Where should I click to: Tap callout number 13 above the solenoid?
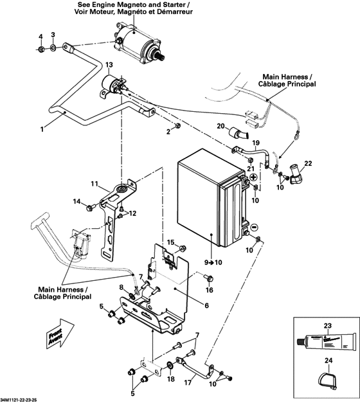coord(109,65)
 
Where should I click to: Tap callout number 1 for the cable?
coord(42,129)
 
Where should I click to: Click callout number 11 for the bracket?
coord(94,184)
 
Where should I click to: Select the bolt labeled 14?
coord(91,206)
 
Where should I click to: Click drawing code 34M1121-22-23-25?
coord(24,399)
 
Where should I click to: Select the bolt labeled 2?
coord(177,125)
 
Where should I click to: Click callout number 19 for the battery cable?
coord(255,142)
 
